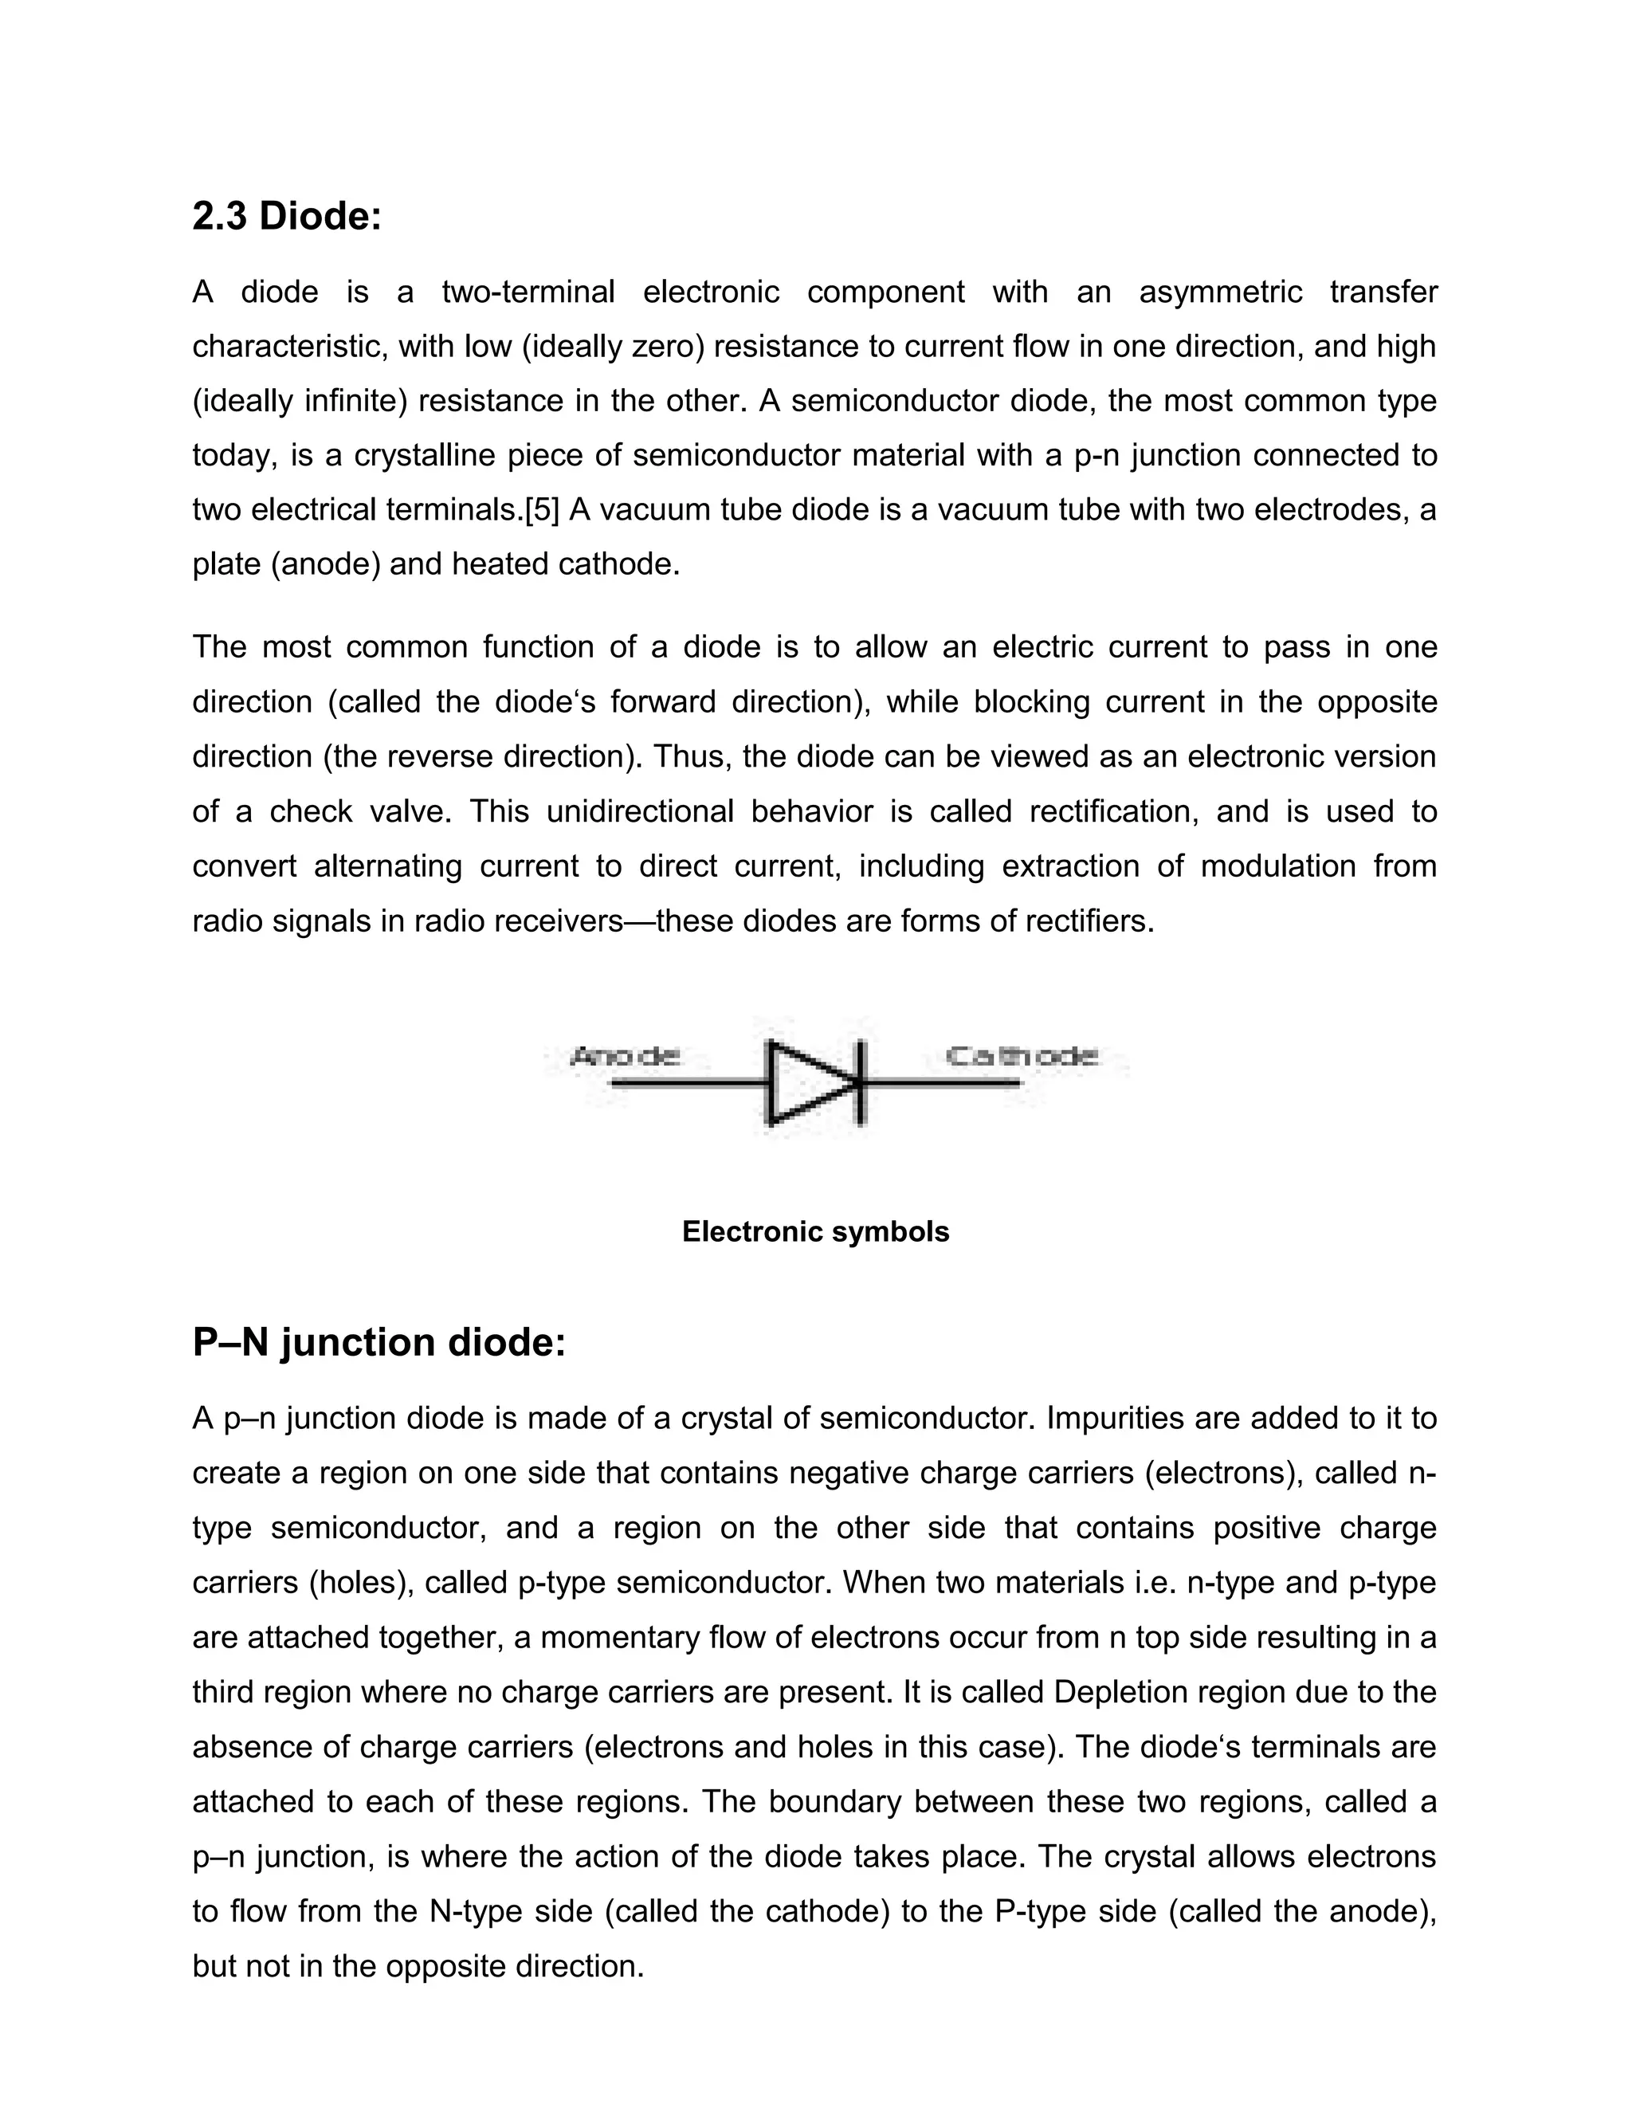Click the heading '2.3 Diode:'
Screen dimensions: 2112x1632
287,217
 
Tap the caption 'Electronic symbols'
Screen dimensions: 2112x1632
815,1231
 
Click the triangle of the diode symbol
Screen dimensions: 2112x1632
807,1084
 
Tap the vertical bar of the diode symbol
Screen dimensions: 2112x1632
862,1084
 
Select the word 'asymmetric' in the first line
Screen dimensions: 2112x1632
1220,292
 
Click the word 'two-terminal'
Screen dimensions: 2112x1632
528,292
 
